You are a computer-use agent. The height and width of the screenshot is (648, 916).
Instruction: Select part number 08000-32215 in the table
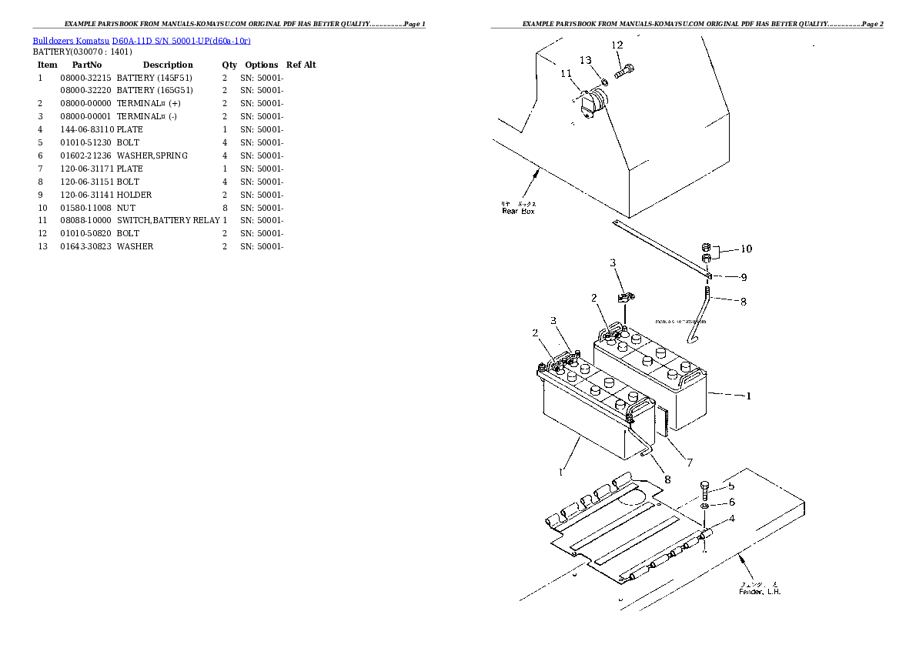pos(85,78)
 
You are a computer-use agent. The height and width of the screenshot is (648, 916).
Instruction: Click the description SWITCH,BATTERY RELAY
pos(168,220)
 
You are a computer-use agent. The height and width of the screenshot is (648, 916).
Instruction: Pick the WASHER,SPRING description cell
pos(152,155)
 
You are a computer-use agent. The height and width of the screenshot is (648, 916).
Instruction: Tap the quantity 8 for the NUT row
pos(225,208)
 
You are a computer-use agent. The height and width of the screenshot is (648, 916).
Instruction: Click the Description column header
pos(167,65)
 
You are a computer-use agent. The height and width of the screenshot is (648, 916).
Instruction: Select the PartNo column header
pos(86,65)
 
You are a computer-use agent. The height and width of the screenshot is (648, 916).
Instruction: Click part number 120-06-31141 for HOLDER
pos(85,195)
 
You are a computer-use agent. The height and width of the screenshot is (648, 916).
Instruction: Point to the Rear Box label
pos(517,211)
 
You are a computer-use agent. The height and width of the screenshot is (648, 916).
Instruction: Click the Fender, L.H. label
pos(760,591)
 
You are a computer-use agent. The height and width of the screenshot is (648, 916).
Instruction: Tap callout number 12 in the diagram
pos(617,45)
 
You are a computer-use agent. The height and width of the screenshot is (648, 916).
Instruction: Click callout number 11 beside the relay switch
pos(567,74)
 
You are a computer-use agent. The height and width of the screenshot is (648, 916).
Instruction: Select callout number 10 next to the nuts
pos(746,249)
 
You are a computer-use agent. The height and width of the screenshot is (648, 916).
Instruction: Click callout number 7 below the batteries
pos(689,463)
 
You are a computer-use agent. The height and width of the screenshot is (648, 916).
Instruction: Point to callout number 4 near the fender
pos(730,518)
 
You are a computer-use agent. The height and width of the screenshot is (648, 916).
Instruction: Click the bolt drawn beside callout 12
pos(624,71)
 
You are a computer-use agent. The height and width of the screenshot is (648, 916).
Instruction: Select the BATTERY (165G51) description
pos(154,91)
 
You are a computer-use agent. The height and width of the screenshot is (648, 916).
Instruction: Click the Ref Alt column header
pos(301,65)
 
